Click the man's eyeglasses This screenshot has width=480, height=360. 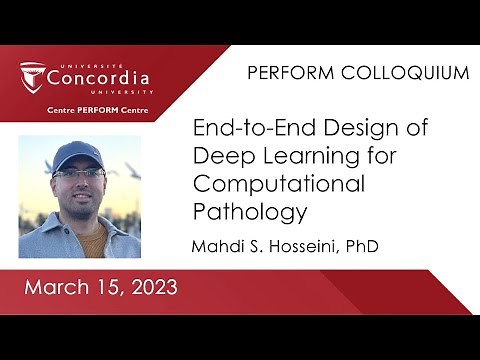point(79,173)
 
